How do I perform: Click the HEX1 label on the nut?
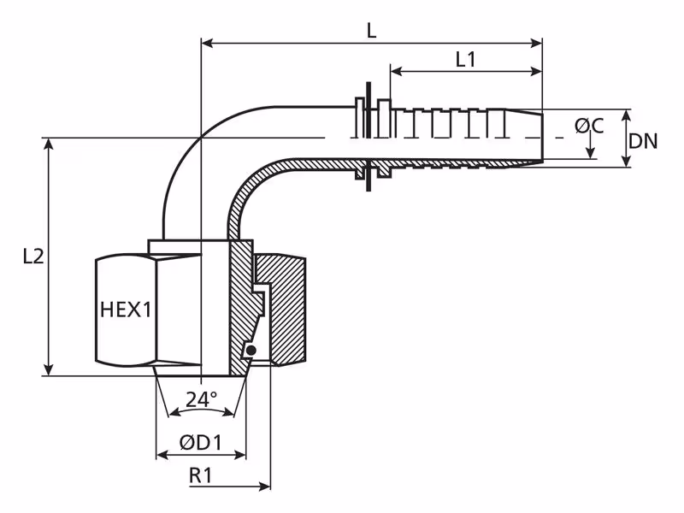tap(126, 310)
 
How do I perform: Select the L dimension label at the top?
tap(371, 31)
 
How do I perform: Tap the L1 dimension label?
tap(465, 59)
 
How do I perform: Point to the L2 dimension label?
tap(33, 256)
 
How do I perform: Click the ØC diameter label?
tap(589, 126)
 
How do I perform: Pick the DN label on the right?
tap(643, 141)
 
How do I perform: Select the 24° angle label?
tap(201, 399)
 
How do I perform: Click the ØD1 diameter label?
tap(201, 443)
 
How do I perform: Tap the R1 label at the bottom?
tap(201, 475)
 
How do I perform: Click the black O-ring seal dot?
tap(251, 351)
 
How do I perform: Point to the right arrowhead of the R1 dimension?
tap(264, 486)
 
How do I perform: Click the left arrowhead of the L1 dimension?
tap(396, 71)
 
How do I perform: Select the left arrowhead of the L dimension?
tap(207, 44)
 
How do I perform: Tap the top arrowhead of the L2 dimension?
tap(49, 144)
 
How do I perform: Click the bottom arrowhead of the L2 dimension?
tap(49, 369)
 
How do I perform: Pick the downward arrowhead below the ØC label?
tap(590, 152)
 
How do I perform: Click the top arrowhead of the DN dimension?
tap(627, 115)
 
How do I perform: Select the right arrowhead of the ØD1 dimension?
tap(240, 456)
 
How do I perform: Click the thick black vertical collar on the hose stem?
tap(369, 136)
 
